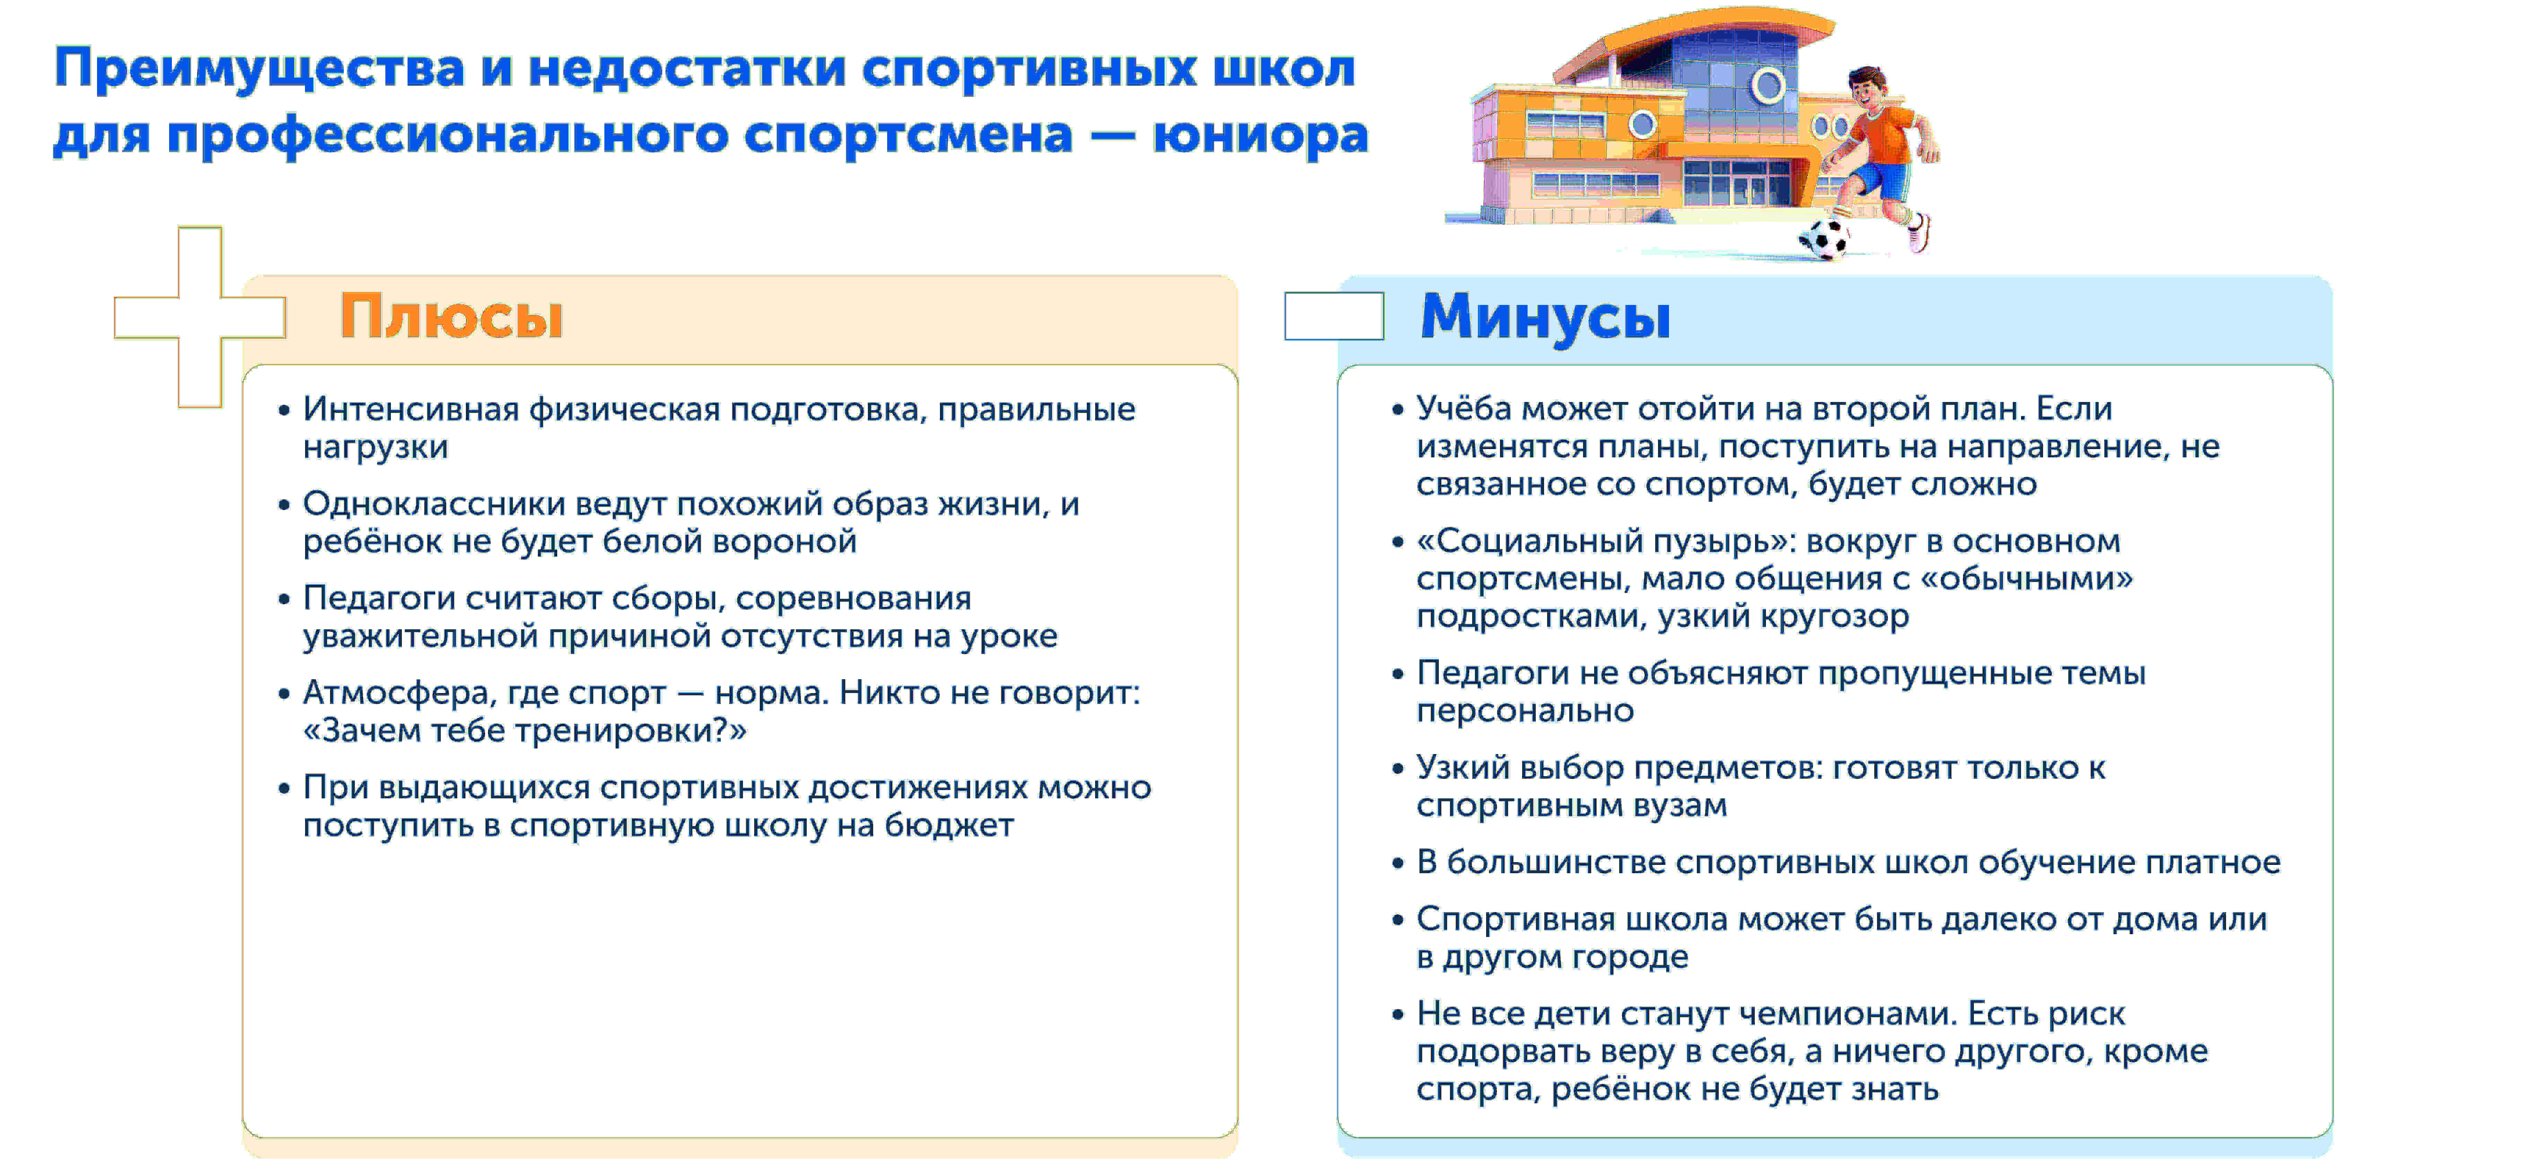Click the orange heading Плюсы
click(451, 317)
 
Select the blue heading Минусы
click(1545, 317)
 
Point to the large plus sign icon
click(200, 317)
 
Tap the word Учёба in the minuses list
click(1463, 409)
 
